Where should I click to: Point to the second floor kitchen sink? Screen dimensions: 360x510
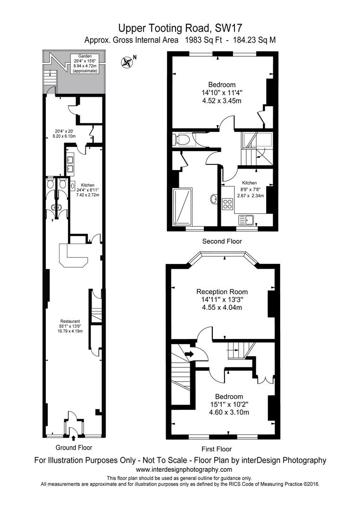[247, 221]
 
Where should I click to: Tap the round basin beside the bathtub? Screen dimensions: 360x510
[214, 199]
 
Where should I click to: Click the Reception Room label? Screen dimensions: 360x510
[222, 299]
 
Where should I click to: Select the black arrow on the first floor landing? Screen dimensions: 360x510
[189, 354]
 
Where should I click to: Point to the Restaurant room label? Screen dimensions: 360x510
[70, 326]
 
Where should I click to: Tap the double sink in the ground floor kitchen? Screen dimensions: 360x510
[70, 164]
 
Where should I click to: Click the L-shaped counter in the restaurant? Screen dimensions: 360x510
[73, 255]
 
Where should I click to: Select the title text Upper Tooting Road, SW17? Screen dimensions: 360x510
[180, 28]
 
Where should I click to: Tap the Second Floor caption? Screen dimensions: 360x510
[222, 241]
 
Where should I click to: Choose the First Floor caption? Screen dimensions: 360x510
[217, 449]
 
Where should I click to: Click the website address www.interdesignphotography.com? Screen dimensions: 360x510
[184, 469]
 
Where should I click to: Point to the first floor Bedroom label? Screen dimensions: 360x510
[229, 404]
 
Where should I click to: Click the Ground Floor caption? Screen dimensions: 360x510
[74, 448]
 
